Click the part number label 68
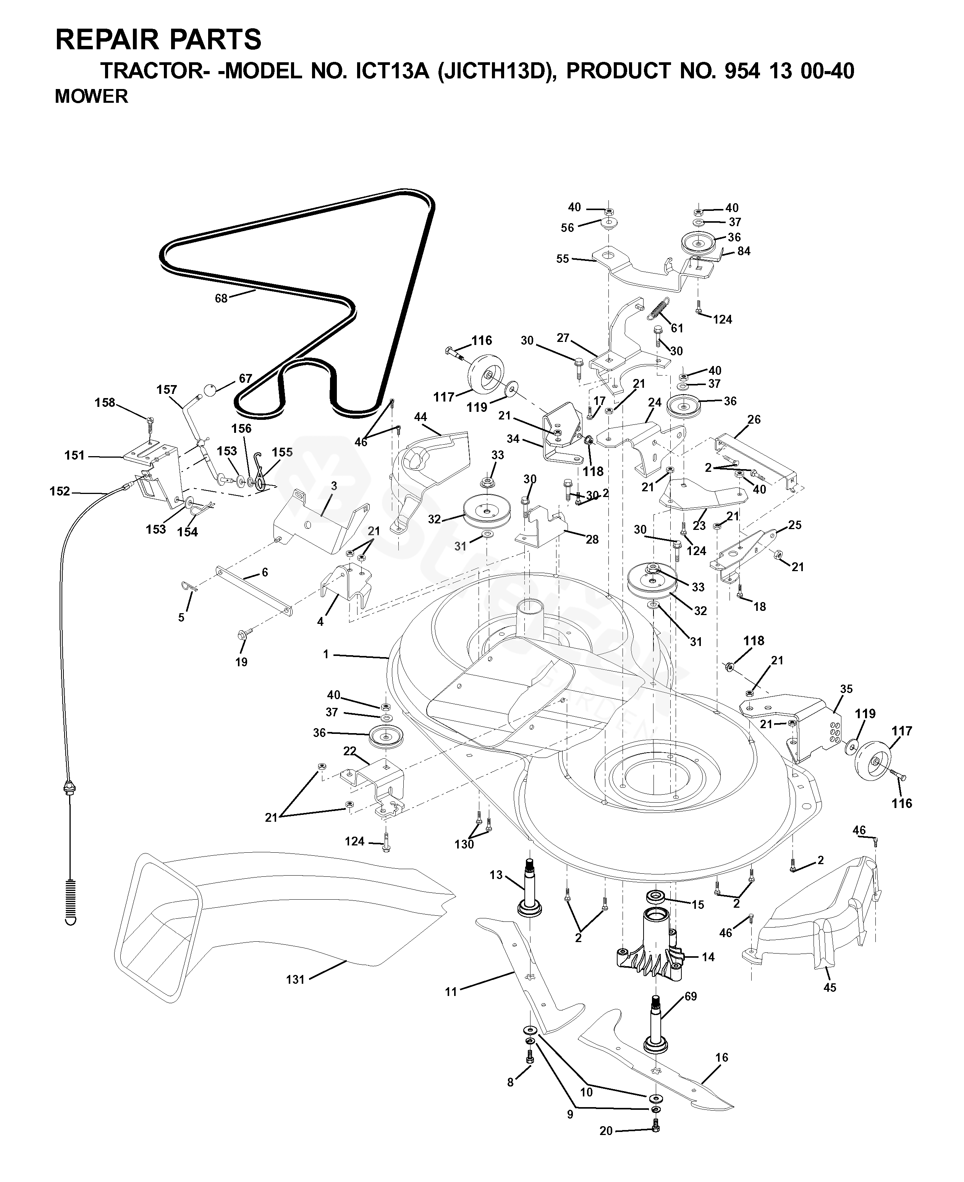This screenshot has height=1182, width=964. pyautogui.click(x=221, y=298)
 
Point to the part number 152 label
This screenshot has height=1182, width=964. pyautogui.click(x=60, y=491)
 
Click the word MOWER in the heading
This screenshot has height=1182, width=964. pyautogui.click(x=91, y=96)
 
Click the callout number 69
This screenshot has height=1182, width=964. pyautogui.click(x=690, y=996)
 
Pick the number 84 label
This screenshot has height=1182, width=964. pyautogui.click(x=744, y=251)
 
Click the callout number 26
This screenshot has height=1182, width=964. pyautogui.click(x=754, y=419)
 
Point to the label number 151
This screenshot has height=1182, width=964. pyautogui.click(x=74, y=455)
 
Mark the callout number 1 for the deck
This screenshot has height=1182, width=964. pyautogui.click(x=326, y=654)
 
